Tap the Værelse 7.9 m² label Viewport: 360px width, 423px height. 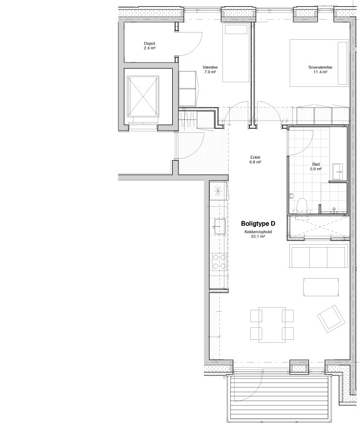pyautogui.click(x=210, y=70)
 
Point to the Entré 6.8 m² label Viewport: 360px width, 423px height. pyautogui.click(x=256, y=160)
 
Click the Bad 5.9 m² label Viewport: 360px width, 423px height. pyautogui.click(x=316, y=167)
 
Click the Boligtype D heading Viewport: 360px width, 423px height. pyautogui.click(x=258, y=223)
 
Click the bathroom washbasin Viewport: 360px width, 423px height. pyautogui.click(x=337, y=172)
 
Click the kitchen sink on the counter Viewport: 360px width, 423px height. pyautogui.click(x=220, y=226)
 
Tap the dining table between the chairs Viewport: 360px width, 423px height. pyautogui.click(x=272, y=325)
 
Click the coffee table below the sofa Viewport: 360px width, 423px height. pyautogui.click(x=321, y=287)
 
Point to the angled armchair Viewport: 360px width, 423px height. pyautogui.click(x=332, y=319)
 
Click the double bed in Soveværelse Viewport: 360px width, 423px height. pyautogui.click(x=319, y=63)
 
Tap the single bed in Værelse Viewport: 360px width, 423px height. pyautogui.click(x=235, y=53)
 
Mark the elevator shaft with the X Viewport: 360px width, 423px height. pyautogui.click(x=142, y=96)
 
